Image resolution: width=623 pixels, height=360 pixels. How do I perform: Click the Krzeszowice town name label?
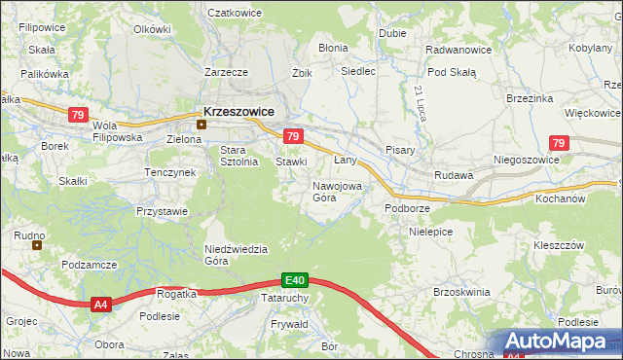(239, 111)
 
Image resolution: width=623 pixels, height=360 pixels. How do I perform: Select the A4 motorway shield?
(101, 306)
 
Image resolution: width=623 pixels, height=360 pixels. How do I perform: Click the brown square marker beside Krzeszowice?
(202, 124)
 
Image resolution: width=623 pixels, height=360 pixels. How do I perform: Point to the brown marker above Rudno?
(38, 245)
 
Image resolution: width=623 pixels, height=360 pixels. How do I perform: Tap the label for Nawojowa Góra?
(337, 191)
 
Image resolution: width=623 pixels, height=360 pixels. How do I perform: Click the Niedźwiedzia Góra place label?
(236, 254)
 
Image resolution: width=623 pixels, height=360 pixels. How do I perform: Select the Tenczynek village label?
(170, 172)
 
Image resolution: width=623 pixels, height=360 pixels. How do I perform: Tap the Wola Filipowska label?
(117, 131)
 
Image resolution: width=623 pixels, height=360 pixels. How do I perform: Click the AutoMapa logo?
(559, 342)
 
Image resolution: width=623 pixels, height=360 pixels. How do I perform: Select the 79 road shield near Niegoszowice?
(557, 144)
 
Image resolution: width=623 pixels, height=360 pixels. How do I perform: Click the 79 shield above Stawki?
(293, 136)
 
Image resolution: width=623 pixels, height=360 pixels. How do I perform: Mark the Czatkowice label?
(238, 14)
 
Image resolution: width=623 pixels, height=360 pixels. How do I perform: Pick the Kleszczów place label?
(558, 245)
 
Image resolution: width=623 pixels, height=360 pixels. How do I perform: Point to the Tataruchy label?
(285, 298)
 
